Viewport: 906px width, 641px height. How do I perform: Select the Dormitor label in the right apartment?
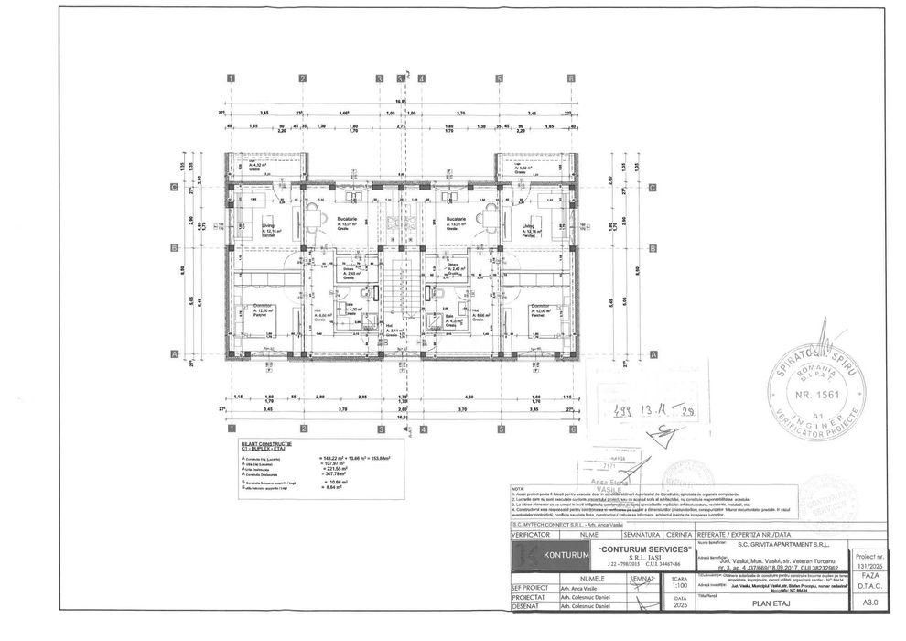point(540,306)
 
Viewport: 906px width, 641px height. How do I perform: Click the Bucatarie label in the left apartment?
point(346,219)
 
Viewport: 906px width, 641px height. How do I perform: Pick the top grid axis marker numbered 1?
point(232,80)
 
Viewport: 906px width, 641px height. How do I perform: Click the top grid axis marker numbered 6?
point(570,80)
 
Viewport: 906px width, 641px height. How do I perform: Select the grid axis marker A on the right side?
point(652,354)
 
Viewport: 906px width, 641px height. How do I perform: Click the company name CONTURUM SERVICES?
point(632,548)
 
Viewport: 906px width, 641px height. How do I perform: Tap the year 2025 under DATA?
point(678,604)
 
